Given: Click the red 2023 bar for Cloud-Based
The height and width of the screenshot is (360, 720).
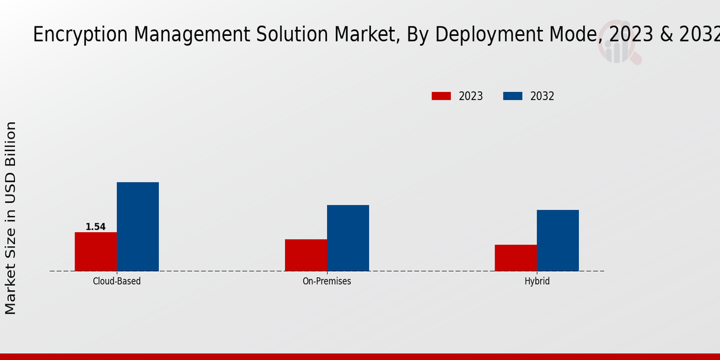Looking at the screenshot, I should pyautogui.click(x=96, y=251).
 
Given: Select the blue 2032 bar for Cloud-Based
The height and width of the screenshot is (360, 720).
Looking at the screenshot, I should pyautogui.click(x=138, y=226).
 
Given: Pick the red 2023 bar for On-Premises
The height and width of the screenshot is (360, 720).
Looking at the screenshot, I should pyautogui.click(x=306, y=255).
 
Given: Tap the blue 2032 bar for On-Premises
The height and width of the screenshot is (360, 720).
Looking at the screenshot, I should pyautogui.click(x=348, y=238).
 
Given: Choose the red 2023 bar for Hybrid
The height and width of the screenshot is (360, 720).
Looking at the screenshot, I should pyautogui.click(x=516, y=257).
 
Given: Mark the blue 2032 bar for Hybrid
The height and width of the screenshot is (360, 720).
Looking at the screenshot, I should pyautogui.click(x=558, y=240).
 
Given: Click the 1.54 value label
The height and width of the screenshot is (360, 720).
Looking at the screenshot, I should pyautogui.click(x=95, y=227).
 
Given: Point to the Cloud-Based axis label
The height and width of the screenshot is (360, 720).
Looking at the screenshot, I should pyautogui.click(x=117, y=281).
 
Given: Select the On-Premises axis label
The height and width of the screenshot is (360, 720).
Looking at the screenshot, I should pyautogui.click(x=327, y=281).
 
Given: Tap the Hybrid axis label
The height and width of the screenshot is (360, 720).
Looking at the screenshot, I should pyautogui.click(x=537, y=281).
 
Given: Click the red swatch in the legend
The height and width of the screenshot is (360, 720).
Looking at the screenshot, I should pyautogui.click(x=441, y=96).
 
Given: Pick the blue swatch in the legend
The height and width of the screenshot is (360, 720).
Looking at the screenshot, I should pyautogui.click(x=512, y=96).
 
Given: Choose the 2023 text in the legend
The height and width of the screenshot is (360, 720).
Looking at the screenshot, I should pyautogui.click(x=471, y=96).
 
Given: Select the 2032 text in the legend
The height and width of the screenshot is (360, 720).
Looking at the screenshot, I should pyautogui.click(x=542, y=96).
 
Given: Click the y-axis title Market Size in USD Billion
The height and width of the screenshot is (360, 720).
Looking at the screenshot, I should pyautogui.click(x=11, y=217).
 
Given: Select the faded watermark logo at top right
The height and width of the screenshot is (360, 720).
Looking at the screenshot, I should pyautogui.click(x=618, y=45).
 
